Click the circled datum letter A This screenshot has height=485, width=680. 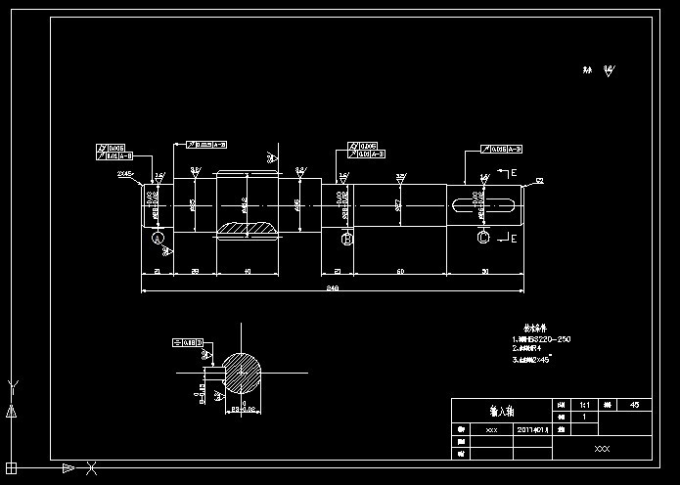pos(158,238)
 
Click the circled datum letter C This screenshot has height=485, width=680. pos(482,238)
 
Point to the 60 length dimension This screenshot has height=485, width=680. pos(400,270)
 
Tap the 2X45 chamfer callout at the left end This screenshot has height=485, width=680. pos(125,173)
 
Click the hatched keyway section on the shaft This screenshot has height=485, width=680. pos(247,229)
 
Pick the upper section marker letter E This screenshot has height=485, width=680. pos(514,173)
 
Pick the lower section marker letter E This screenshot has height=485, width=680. pos(514,238)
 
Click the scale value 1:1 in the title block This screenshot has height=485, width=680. pos(584,404)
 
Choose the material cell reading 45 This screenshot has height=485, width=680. pos(635,404)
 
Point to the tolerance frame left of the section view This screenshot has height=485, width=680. pos(187,342)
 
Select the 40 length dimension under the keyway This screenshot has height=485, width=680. pos(247,270)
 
